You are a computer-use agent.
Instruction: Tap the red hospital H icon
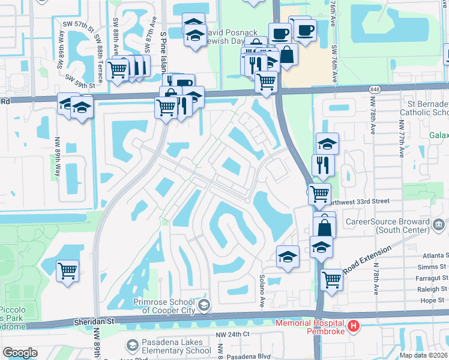click(x=354, y=326)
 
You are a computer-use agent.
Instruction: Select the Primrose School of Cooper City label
click(x=164, y=306)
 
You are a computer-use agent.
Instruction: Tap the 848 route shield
click(x=375, y=89)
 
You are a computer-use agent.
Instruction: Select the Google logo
click(x=20, y=352)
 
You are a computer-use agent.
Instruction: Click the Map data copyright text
click(x=424, y=355)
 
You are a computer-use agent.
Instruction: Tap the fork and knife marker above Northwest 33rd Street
click(x=323, y=164)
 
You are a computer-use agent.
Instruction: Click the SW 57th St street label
click(x=80, y=26)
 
